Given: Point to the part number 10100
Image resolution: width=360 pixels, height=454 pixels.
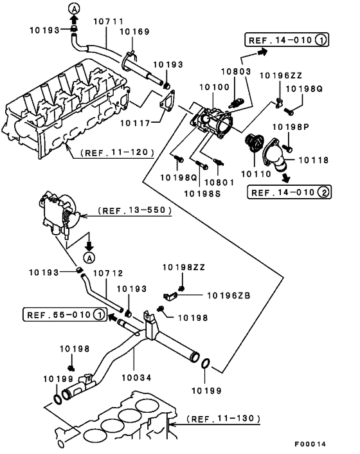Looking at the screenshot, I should pyautogui.click(x=213, y=86).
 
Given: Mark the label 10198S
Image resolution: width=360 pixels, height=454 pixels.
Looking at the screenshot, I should pyautogui.click(x=203, y=192).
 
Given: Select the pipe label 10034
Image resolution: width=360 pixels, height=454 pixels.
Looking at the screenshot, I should pyautogui.click(x=135, y=377).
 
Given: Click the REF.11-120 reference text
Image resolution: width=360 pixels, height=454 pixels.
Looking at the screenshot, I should pyautogui.click(x=118, y=152).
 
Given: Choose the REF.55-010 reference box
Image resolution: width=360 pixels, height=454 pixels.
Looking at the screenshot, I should pyautogui.click(x=64, y=314).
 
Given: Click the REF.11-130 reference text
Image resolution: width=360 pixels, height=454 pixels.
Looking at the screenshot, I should pyautogui.click(x=224, y=419).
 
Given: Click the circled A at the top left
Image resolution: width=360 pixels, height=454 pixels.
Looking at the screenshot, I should pyautogui.click(x=74, y=7).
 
